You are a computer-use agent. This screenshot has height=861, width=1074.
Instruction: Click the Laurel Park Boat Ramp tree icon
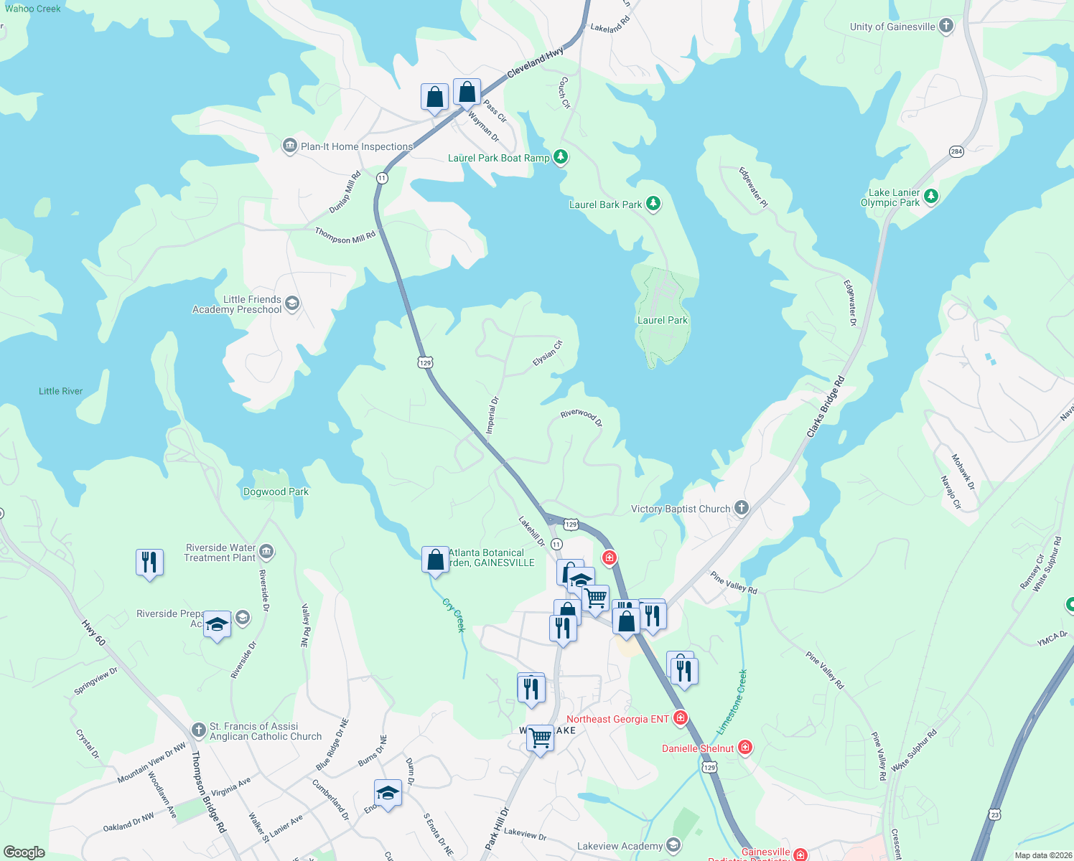561,157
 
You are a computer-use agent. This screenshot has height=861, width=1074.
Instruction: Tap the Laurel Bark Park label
605,204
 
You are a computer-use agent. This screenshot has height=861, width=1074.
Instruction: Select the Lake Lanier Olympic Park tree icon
931,196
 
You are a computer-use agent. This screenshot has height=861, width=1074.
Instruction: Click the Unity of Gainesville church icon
946,27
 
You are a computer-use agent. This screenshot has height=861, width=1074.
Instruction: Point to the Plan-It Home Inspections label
357,146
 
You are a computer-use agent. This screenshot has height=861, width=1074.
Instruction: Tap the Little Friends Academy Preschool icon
292,304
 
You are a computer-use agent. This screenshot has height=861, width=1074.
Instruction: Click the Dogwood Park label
276,491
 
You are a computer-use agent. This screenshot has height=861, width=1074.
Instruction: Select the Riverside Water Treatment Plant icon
266,551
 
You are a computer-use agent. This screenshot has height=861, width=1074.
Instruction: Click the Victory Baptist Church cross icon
742,508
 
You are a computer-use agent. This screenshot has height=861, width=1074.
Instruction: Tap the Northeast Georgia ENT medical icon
681,717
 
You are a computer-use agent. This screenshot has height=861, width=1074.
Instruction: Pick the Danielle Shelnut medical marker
745,748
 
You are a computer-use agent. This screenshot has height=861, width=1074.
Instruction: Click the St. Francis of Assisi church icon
199,730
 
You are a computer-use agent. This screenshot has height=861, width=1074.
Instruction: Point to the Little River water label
60,391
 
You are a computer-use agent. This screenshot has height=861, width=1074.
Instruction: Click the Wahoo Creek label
33,9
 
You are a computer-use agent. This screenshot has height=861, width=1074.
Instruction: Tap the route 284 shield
956,151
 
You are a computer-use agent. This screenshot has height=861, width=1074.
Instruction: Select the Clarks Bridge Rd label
826,407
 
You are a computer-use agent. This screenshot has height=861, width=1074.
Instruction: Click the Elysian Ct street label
547,354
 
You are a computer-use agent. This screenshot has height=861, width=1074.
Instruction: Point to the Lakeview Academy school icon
673,845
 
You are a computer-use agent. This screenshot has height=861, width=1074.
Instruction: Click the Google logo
24,852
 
